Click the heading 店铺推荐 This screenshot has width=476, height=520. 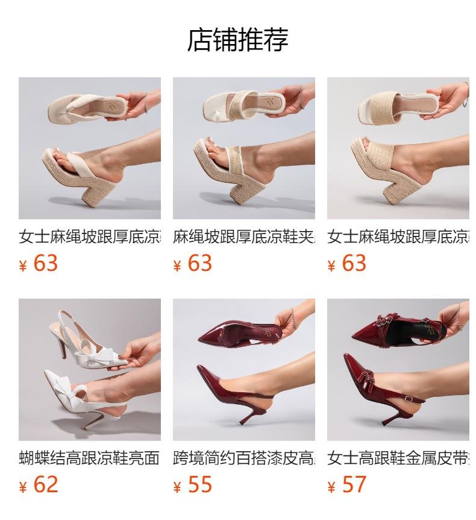point(238,40)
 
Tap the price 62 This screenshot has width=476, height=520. point(46,484)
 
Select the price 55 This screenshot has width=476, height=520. point(200,484)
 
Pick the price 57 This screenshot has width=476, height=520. point(354,484)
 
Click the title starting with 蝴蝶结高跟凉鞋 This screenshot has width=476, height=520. point(89,458)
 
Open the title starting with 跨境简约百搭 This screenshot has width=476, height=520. point(243,458)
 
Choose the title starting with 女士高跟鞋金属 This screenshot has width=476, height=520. point(398,458)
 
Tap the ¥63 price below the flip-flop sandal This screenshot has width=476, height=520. point(46,263)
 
